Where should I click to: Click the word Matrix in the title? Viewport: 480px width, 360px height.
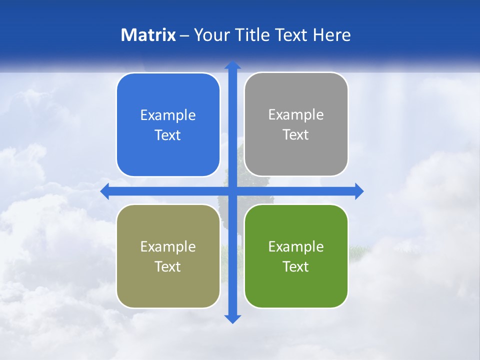[148, 35]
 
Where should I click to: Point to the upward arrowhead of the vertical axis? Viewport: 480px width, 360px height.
[232, 65]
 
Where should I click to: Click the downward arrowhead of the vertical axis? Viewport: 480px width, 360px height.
[232, 319]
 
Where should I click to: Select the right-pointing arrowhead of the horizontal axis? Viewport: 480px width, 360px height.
[359, 191]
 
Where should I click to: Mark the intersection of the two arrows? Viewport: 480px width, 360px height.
[232, 191]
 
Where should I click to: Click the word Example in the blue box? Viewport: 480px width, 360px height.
[168, 115]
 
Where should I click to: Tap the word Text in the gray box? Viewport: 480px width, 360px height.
[296, 135]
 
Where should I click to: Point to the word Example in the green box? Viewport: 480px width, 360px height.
[296, 246]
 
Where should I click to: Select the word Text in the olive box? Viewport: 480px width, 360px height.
[168, 266]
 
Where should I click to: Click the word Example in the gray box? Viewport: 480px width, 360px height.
[296, 115]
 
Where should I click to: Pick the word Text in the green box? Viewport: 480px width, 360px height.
[296, 266]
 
